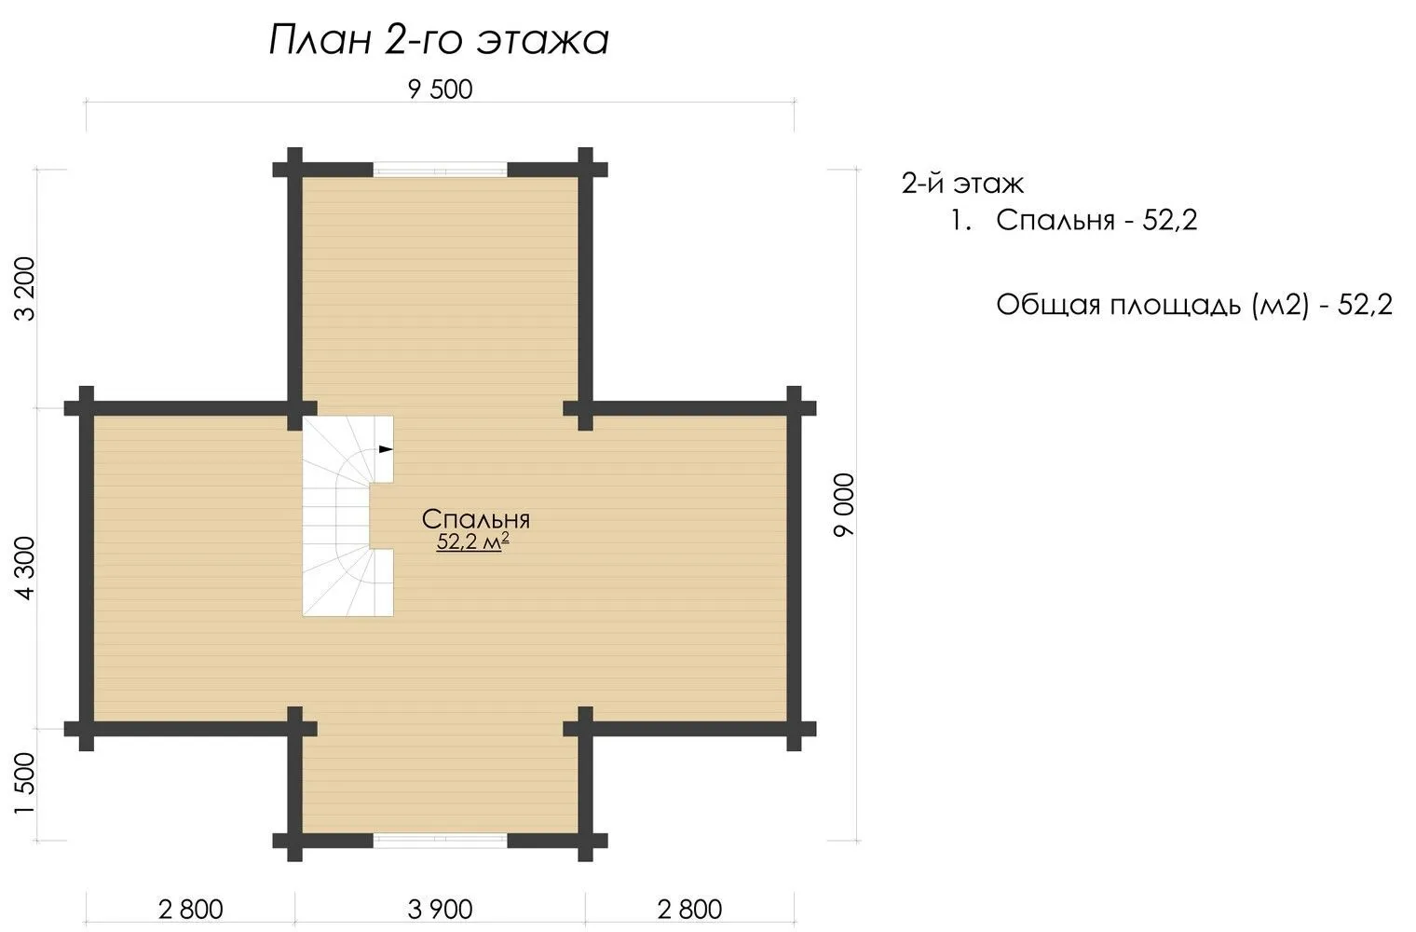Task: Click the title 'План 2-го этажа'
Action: coord(439,40)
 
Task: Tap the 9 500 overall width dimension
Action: coord(440,89)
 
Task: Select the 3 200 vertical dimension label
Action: coord(26,288)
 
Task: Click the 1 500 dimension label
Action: coord(26,784)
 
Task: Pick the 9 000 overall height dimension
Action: coord(844,505)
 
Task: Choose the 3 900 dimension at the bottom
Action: coord(440,910)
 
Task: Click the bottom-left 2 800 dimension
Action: coord(190,910)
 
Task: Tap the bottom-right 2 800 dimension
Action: coord(689,910)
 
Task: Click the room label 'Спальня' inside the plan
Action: coord(475,519)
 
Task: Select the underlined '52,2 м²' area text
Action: coord(473,541)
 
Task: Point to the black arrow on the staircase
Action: coord(386,449)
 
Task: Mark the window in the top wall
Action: coord(440,170)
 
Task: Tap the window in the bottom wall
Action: coord(440,841)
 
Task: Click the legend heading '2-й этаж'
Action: coord(962,184)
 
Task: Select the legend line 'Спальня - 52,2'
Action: coord(1096,220)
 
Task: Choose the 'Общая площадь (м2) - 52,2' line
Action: coord(1194,306)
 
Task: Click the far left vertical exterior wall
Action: coord(87,568)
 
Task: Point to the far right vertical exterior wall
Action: coord(794,568)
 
